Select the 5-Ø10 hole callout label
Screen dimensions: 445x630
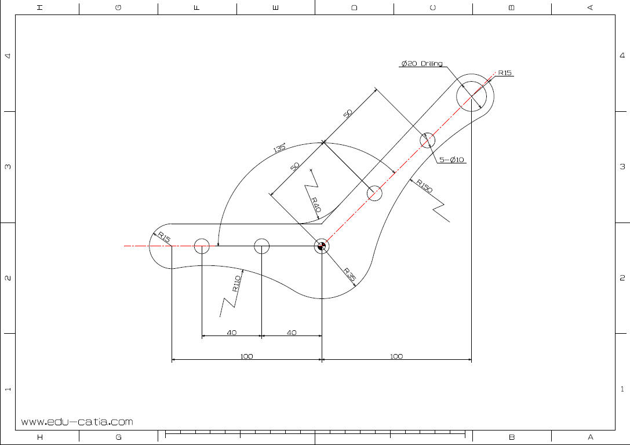pyautogui.click(x=452, y=160)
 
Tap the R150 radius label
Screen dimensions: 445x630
pyautogui.click(x=425, y=187)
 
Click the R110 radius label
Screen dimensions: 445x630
pyautogui.click(x=236, y=283)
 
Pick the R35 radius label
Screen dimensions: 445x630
pyautogui.click(x=349, y=274)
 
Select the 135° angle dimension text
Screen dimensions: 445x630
pyautogui.click(x=279, y=148)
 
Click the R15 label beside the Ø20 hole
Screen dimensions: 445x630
pyautogui.click(x=504, y=73)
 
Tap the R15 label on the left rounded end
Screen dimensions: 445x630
pyautogui.click(x=164, y=237)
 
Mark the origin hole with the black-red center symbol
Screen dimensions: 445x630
pyautogui.click(x=322, y=246)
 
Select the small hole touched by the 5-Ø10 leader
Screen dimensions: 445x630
pyautogui.click(x=428, y=140)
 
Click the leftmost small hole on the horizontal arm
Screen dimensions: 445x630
pyautogui.click(x=201, y=246)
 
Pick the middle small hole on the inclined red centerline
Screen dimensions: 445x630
pyautogui.click(x=375, y=193)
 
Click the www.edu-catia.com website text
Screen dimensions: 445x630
pyautogui.click(x=77, y=422)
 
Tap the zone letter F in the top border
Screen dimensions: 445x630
pyautogui.click(x=196, y=8)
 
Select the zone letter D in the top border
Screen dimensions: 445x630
pyautogui.click(x=354, y=8)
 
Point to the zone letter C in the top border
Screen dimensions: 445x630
pyautogui.click(x=433, y=8)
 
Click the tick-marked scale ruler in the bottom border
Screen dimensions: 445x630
pyautogui.click(x=316, y=433)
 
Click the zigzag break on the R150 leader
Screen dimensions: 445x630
pyautogui.click(x=443, y=210)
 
